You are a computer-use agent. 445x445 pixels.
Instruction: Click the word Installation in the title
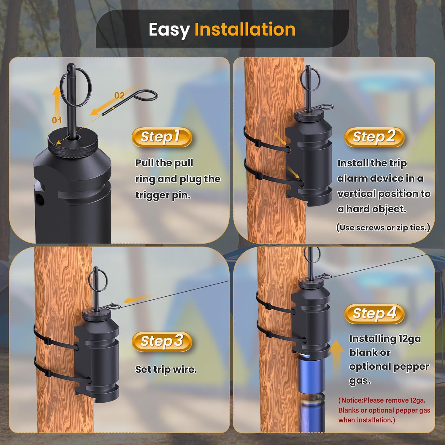[245, 29]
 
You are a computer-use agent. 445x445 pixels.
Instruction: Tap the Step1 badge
[162, 137]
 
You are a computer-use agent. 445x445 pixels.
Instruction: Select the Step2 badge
[374, 137]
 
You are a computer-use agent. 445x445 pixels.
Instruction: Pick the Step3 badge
[162, 341]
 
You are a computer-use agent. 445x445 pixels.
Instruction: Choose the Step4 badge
[374, 314]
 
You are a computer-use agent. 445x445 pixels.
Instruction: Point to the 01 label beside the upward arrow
[57, 120]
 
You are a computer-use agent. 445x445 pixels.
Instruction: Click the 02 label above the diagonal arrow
[119, 96]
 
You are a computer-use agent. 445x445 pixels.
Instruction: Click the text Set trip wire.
[166, 370]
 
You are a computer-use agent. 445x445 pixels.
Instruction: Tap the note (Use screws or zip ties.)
[383, 228]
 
